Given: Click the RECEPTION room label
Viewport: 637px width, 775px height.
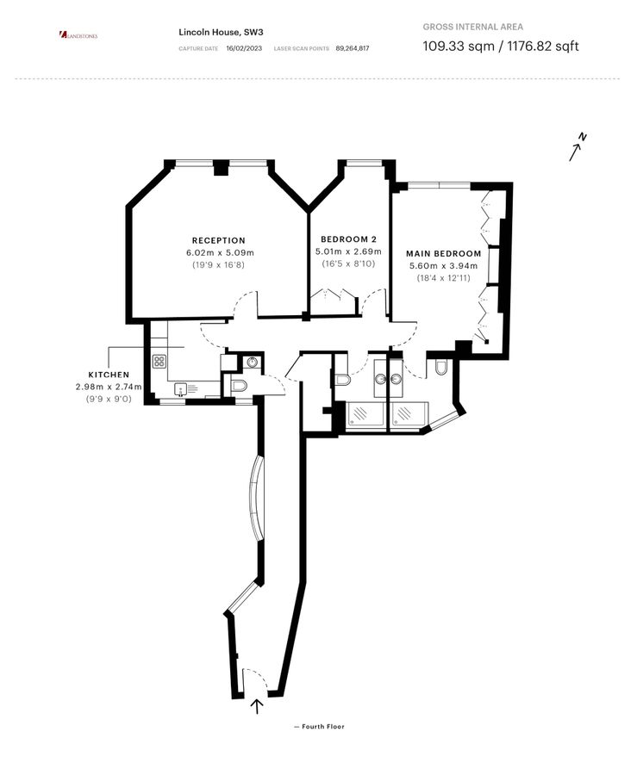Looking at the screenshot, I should pyautogui.click(x=218, y=240).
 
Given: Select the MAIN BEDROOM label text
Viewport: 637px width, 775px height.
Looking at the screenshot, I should pyautogui.click(x=445, y=253).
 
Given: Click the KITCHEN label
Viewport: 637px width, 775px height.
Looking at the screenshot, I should pyautogui.click(x=109, y=375).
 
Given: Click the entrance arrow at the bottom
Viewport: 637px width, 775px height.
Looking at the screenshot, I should pyautogui.click(x=256, y=706).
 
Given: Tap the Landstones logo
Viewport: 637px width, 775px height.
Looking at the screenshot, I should pyautogui.click(x=78, y=35).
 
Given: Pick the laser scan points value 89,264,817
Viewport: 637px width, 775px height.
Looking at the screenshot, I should pyautogui.click(x=353, y=49).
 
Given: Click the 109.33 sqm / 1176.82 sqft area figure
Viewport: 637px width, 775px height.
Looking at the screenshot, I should pyautogui.click(x=500, y=46).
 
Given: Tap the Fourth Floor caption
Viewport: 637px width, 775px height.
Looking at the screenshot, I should pyautogui.click(x=319, y=727).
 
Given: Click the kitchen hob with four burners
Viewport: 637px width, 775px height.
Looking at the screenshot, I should pyautogui.click(x=159, y=362).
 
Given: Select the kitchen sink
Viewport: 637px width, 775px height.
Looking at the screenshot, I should pyautogui.click(x=182, y=389).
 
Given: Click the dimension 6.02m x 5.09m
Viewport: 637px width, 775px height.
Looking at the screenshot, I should pyautogui.click(x=220, y=253).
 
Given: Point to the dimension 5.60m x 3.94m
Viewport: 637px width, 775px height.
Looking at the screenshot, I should pyautogui.click(x=445, y=266).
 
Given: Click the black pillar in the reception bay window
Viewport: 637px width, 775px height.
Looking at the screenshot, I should pyautogui.click(x=221, y=169).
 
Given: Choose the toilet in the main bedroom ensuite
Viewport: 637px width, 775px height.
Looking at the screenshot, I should pyautogui.click(x=441, y=369).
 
